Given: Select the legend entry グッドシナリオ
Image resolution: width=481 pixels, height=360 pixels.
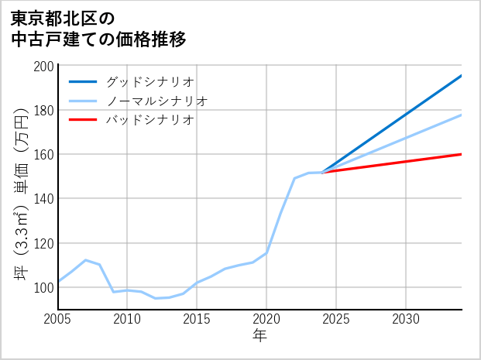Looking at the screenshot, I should pos(150,81).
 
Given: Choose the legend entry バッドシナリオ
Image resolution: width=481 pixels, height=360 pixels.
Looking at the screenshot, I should pos(150,120).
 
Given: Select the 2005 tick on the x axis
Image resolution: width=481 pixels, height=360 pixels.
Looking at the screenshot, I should pos(57,319).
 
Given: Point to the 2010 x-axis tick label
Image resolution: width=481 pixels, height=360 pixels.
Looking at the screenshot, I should pos(127,319).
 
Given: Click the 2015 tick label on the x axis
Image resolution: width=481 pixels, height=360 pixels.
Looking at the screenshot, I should pos(197,319).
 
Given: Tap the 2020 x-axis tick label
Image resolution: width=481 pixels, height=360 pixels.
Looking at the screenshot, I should pos(266,319).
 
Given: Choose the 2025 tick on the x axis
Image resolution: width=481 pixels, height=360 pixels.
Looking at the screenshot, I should pos(336,319).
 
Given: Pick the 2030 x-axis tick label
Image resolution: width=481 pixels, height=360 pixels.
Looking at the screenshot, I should pos(406,319).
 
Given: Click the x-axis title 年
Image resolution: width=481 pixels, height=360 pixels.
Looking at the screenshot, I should pos(259,336).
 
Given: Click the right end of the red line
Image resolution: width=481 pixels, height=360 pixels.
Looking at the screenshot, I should pos(461,154).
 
